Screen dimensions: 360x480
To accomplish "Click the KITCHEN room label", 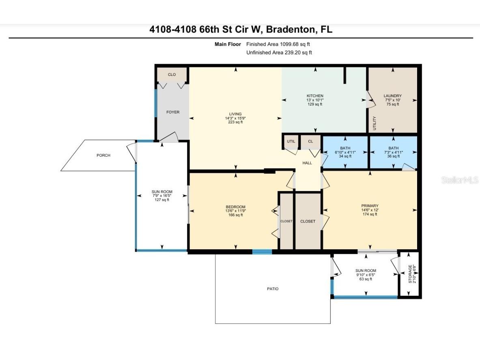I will [x=315, y=96].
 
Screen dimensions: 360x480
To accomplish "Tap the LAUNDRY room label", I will [x=392, y=96].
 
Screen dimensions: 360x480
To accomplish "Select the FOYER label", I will [x=173, y=112].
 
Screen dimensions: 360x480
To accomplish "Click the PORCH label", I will [x=103, y=155].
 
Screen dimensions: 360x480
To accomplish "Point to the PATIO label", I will [x=273, y=289].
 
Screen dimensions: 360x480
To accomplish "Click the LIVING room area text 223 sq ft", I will [x=235, y=122].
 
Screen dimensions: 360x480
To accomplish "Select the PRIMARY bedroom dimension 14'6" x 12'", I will [x=370, y=210].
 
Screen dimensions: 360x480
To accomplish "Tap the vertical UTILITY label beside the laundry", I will [x=374, y=122].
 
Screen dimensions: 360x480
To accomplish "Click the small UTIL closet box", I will [x=291, y=142].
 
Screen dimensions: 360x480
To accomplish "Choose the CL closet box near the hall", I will [x=310, y=142].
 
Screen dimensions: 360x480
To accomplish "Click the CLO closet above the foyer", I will [x=172, y=75].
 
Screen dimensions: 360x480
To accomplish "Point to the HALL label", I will [x=307, y=163].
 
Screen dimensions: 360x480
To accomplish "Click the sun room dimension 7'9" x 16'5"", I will [x=162, y=196].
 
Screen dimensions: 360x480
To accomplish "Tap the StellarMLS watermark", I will [x=460, y=180].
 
